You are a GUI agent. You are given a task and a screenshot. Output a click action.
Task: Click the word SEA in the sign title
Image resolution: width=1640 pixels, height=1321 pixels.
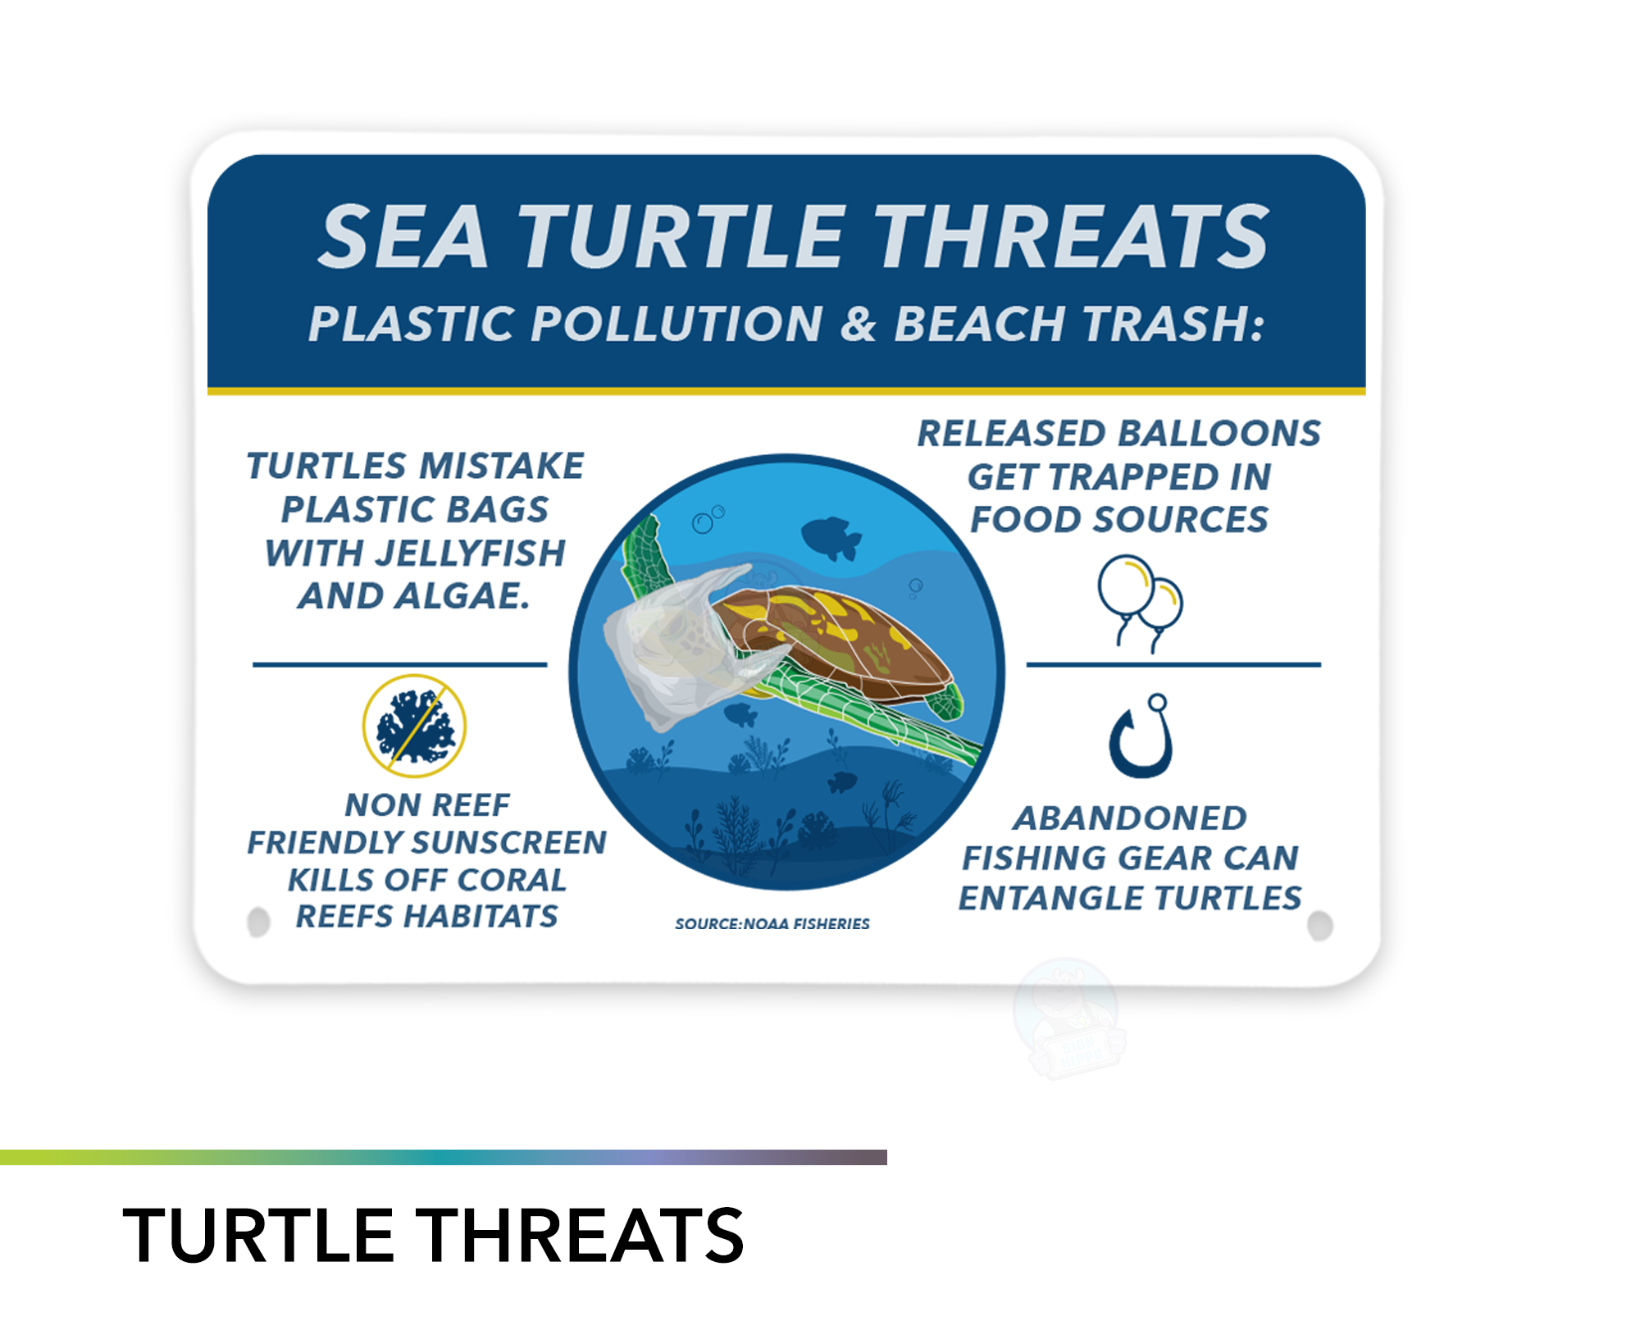[x=403, y=237]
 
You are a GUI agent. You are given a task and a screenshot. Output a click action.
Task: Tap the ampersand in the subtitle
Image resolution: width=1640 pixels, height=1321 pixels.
[x=858, y=323]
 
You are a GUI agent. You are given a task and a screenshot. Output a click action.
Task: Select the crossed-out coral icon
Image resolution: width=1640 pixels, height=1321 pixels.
[x=415, y=726]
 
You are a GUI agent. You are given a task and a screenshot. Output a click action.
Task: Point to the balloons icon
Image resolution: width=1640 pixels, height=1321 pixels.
[x=1141, y=604]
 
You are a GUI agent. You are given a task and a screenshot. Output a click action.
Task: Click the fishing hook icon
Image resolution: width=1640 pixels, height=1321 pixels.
[x=1141, y=736]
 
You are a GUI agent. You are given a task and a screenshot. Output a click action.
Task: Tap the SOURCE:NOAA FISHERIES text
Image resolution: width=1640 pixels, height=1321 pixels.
[x=772, y=924]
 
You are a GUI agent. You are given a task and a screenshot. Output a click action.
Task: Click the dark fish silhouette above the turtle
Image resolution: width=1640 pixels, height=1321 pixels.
[x=831, y=538]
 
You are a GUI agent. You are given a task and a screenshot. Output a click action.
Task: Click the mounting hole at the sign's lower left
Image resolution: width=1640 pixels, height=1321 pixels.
[x=258, y=922]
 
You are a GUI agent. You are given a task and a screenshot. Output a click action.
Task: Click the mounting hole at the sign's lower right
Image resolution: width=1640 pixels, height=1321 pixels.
[x=1320, y=927]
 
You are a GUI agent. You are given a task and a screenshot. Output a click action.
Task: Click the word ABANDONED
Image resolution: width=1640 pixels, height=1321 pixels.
[x=1130, y=818]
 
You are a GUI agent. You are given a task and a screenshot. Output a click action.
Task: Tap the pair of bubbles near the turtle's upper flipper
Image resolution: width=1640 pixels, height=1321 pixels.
[x=708, y=519]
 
